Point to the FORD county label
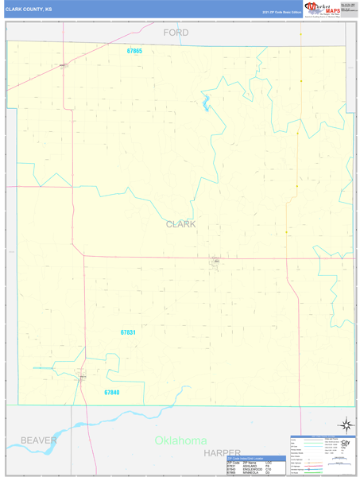coord(176,33)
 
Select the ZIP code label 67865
coord(134,51)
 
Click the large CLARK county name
coord(180,224)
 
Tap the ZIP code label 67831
coord(129,332)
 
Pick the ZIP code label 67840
coord(112,392)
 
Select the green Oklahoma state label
coord(180,440)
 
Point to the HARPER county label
coord(221,452)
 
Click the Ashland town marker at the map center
coord(215,261)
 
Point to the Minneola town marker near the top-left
coord(63,65)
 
